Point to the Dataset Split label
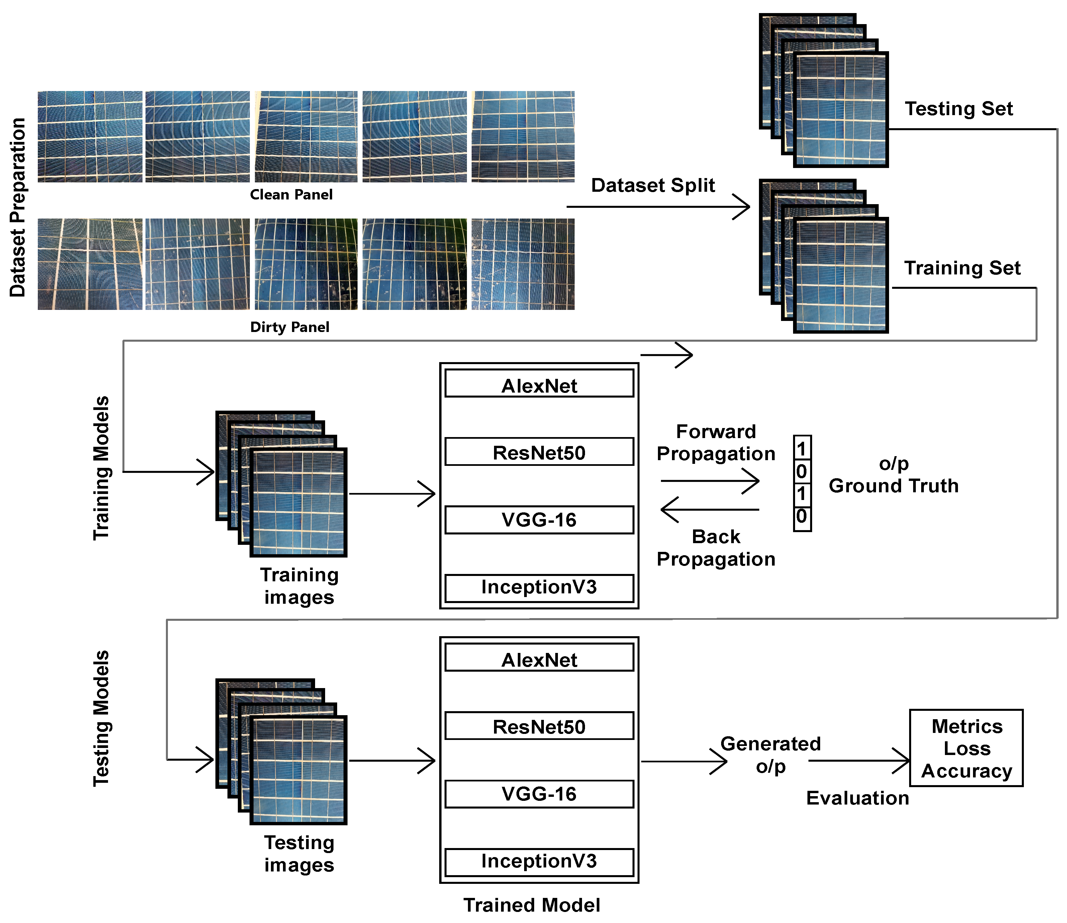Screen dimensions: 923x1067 [x=653, y=185]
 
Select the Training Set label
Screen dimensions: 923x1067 [x=962, y=268]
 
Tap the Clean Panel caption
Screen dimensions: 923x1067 [x=291, y=195]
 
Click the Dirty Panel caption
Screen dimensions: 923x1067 [x=289, y=327]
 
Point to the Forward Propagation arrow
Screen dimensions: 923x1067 [x=710, y=481]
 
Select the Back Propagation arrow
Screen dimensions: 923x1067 [x=710, y=510]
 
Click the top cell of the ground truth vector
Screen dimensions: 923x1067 [x=802, y=448]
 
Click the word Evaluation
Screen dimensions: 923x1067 [x=857, y=798]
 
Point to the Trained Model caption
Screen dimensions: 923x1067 [x=531, y=905]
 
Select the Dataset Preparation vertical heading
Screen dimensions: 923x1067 [x=17, y=207]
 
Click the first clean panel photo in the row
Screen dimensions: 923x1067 [x=90, y=137]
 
